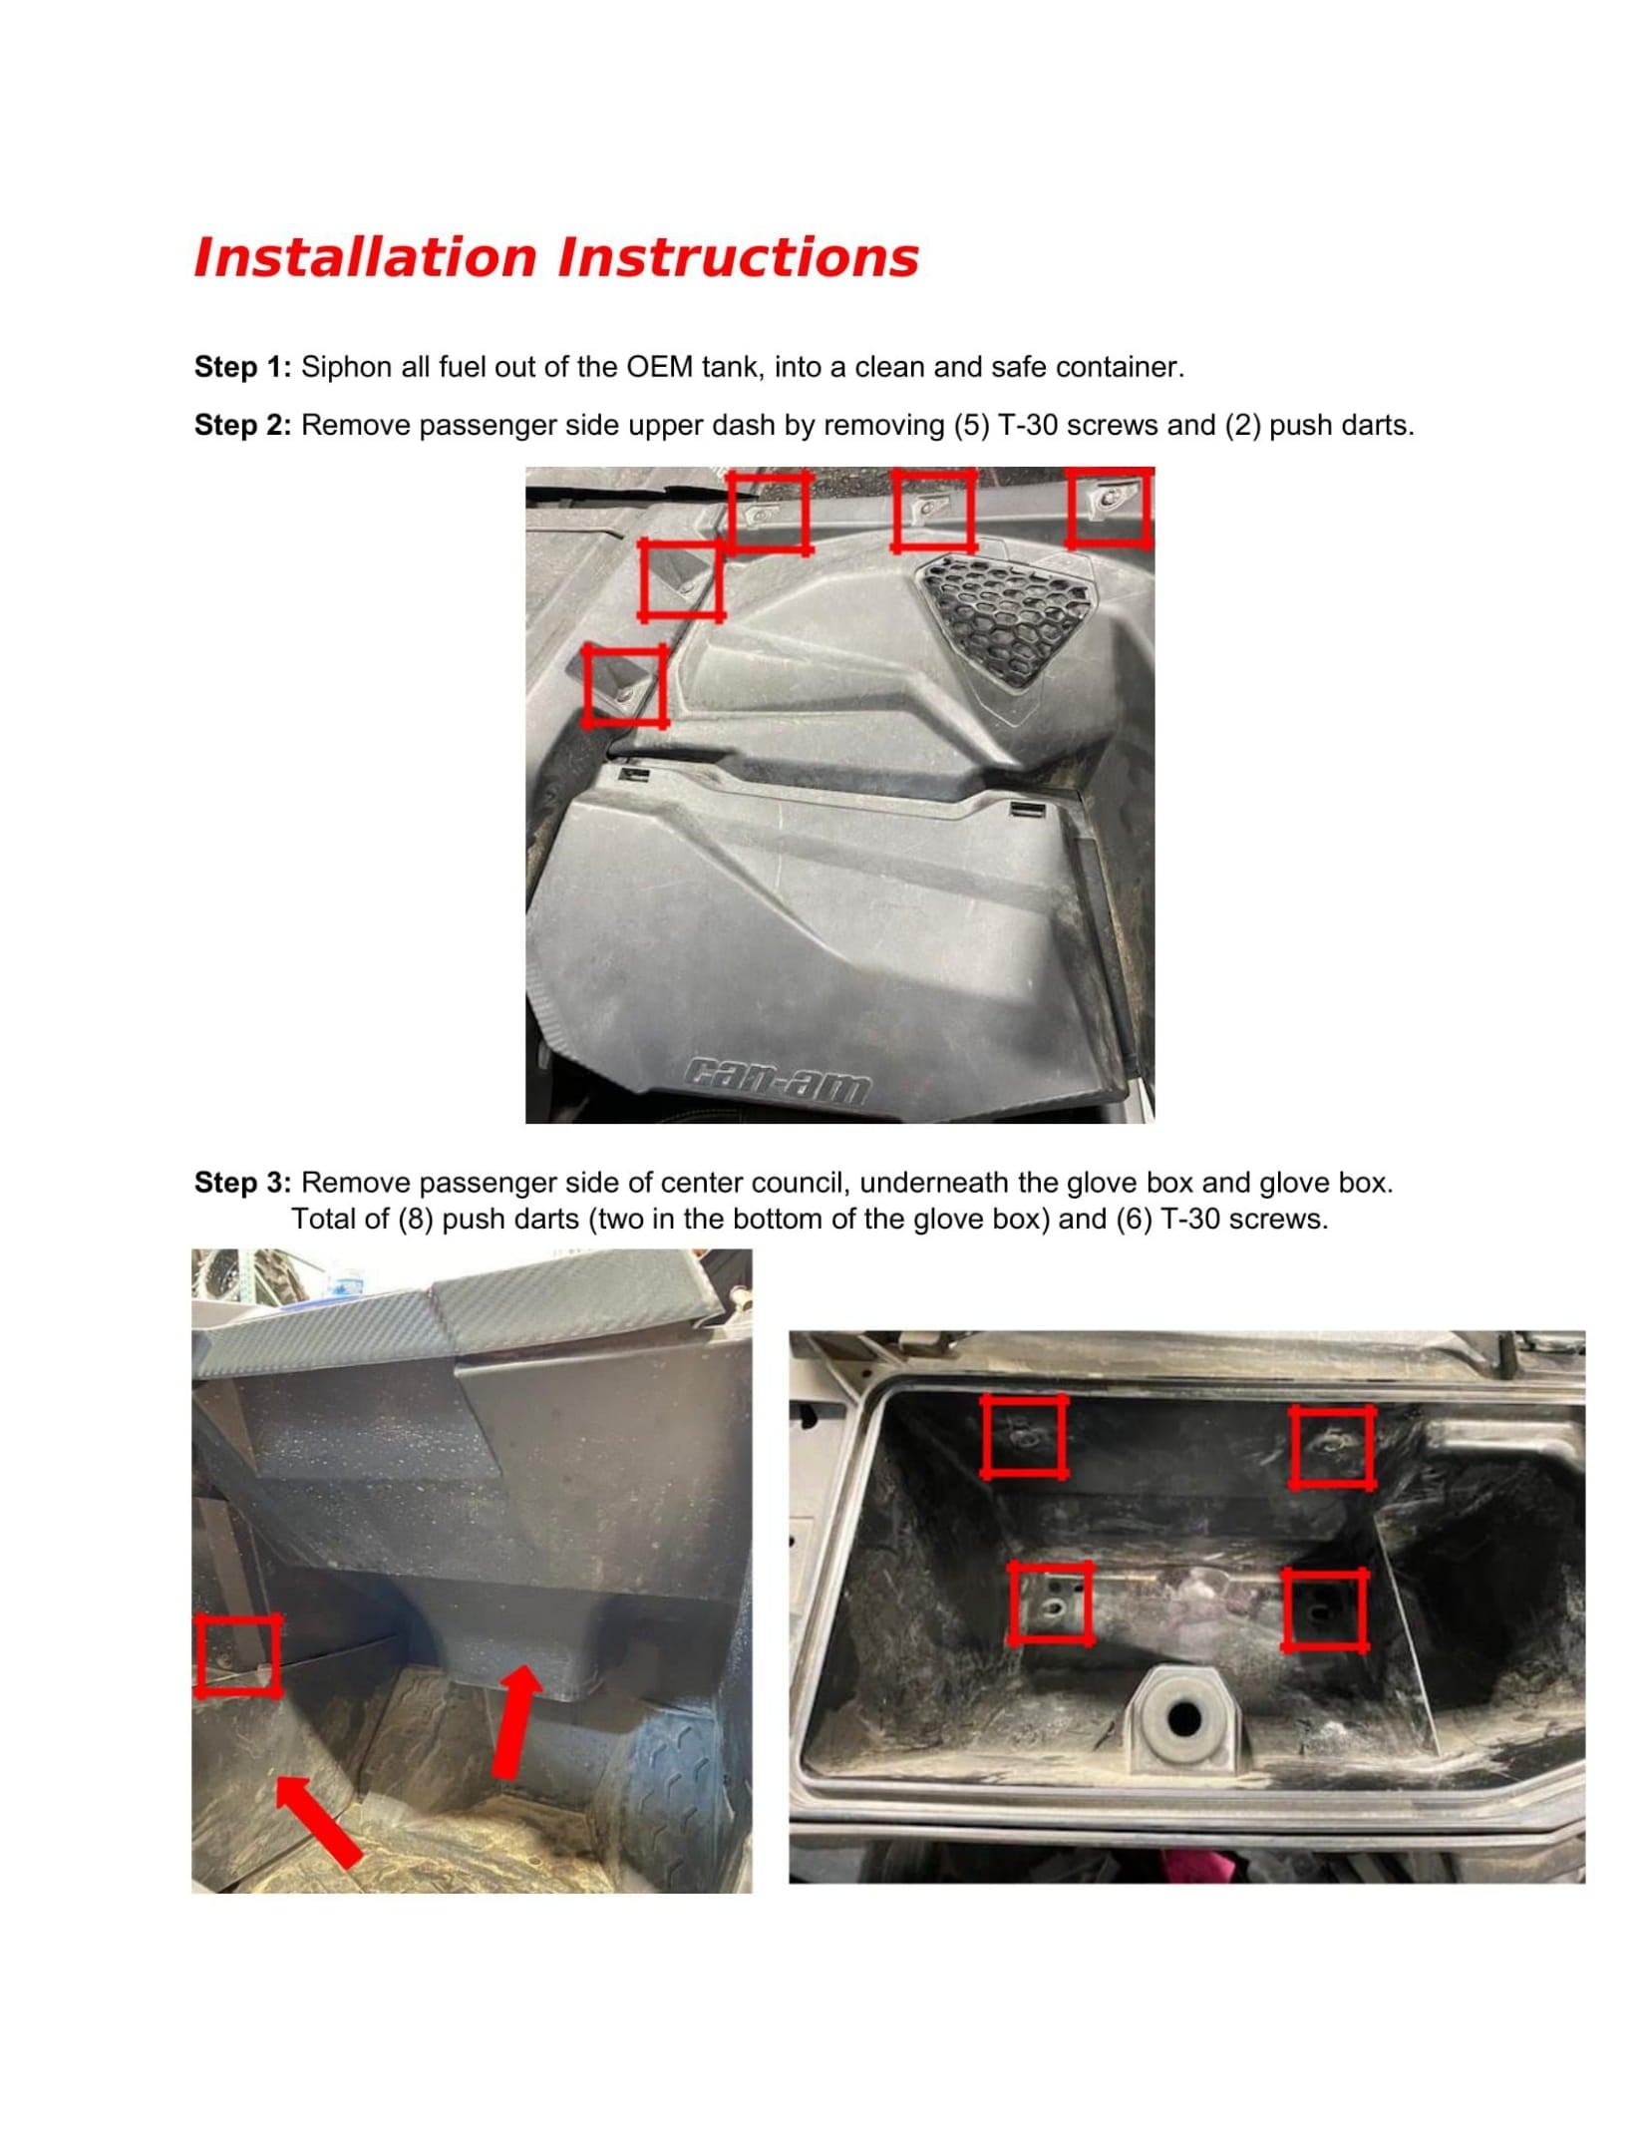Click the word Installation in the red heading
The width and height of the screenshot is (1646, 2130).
(x=366, y=257)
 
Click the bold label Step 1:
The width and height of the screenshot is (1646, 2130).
(x=242, y=367)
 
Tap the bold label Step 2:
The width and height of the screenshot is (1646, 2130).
(x=242, y=425)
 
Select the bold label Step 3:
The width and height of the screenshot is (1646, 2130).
(x=242, y=1183)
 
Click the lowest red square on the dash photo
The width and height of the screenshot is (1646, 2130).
(x=624, y=685)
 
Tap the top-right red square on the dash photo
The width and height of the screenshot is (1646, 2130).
(x=1109, y=508)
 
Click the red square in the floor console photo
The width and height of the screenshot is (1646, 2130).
(x=237, y=1656)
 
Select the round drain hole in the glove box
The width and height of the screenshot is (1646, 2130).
(x=1184, y=1717)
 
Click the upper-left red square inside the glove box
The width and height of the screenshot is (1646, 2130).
(x=1024, y=1437)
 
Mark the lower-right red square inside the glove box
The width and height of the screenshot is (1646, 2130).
(x=1325, y=1609)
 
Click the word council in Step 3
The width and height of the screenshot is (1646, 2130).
(x=800, y=1183)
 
